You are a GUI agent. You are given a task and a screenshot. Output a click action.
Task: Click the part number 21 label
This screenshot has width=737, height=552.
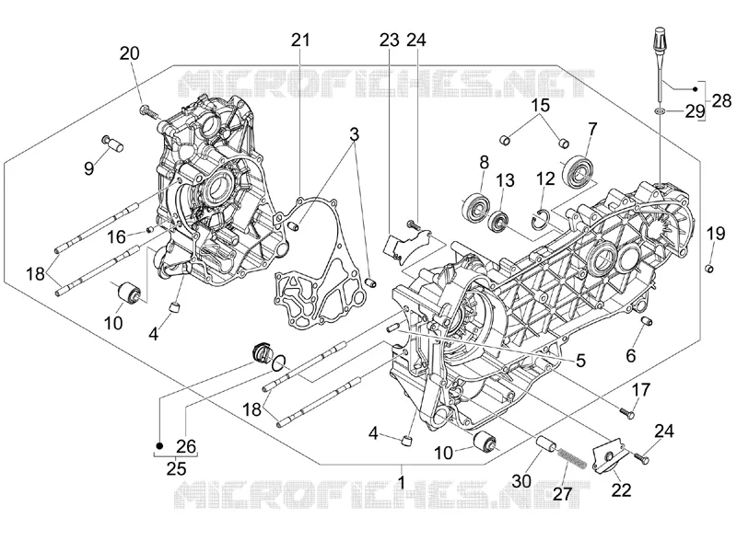pos(301,40)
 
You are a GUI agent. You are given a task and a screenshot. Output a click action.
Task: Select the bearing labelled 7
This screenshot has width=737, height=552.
pos(579,171)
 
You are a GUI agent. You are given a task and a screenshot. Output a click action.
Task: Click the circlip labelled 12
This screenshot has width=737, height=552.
pos(541,220)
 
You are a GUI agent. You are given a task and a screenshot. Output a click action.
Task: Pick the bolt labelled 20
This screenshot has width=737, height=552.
pos(148,112)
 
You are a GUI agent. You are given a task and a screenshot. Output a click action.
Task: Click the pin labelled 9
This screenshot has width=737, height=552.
pos(112,143)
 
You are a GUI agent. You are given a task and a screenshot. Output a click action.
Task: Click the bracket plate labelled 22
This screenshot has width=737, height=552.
pos(605,457)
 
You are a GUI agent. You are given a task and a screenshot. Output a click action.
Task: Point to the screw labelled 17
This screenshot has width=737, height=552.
pos(628,413)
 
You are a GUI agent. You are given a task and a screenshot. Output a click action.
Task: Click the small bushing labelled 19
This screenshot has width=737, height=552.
pos(710,268)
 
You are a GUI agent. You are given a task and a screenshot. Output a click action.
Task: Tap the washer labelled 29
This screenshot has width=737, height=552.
pos(660,110)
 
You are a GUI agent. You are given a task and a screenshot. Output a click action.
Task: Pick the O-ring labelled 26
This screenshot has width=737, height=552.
pos(279,362)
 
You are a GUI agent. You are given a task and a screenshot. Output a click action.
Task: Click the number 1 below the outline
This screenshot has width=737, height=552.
pos(402,482)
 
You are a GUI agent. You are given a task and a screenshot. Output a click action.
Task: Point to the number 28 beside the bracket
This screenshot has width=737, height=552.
pos(721,100)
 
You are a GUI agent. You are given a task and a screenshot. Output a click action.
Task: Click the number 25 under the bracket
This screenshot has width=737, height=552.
pos(176,468)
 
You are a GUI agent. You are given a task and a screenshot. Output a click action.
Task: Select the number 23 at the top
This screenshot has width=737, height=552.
pos(389,40)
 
